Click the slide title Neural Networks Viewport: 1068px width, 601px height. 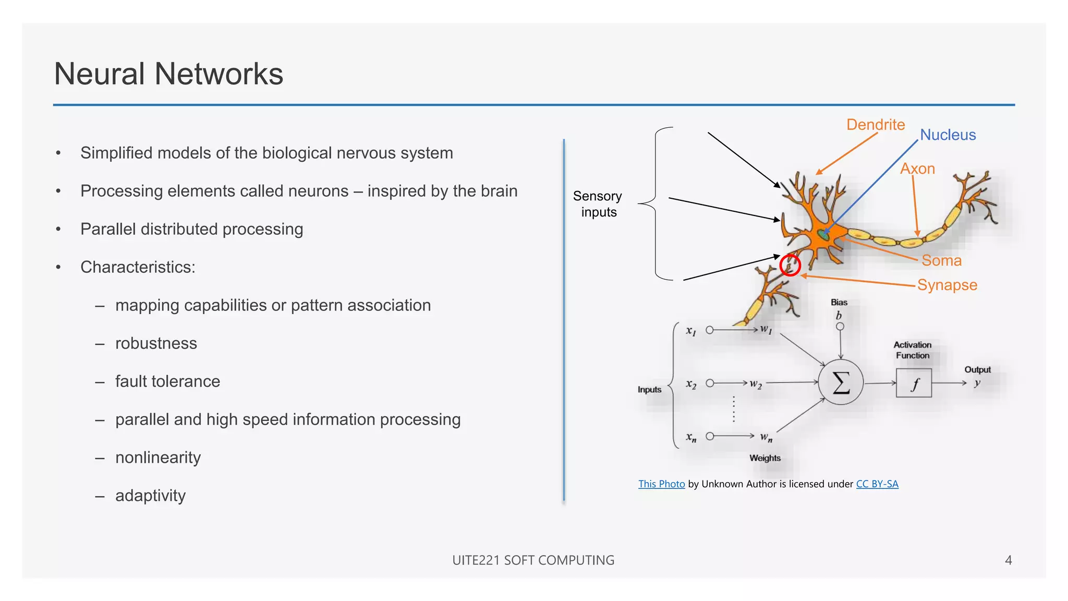[x=168, y=74]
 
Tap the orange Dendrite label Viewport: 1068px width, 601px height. [x=875, y=125]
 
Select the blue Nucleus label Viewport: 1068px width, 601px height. [x=947, y=135]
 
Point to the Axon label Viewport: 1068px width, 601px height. [x=917, y=169]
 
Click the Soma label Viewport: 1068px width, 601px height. [x=941, y=260]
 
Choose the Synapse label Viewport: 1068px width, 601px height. [x=946, y=285]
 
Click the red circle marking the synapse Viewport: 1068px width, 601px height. [x=790, y=266]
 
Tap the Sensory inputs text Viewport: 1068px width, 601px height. [x=598, y=204]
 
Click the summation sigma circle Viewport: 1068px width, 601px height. [x=841, y=382]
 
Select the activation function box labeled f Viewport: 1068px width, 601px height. [x=914, y=383]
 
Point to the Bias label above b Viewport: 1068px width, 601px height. [x=839, y=303]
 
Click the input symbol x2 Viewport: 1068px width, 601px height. [x=691, y=384]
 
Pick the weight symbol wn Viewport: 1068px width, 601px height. [x=766, y=437]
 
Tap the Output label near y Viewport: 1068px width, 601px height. [x=977, y=369]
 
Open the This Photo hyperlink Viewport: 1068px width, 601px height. [x=661, y=484]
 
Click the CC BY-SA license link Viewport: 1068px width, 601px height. [x=877, y=484]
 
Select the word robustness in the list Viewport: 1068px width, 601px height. [x=156, y=343]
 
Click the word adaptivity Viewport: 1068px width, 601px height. [x=150, y=496]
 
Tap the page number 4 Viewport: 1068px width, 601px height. [x=1008, y=560]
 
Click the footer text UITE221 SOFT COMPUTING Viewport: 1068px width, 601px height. [x=533, y=560]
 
